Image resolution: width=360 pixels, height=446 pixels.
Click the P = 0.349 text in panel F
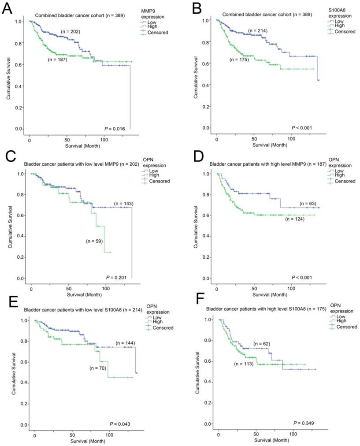coord(302,423)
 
